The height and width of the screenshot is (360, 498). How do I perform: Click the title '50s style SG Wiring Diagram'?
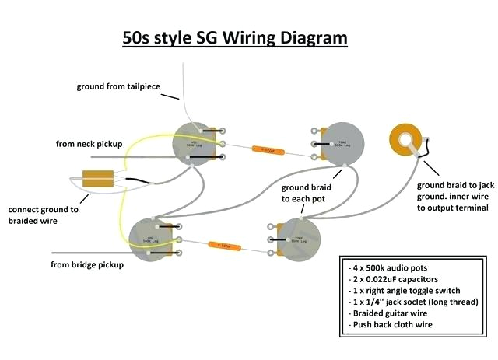pyautogui.click(x=234, y=37)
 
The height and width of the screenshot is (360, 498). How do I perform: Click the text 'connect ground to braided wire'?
pyautogui.click(x=44, y=215)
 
